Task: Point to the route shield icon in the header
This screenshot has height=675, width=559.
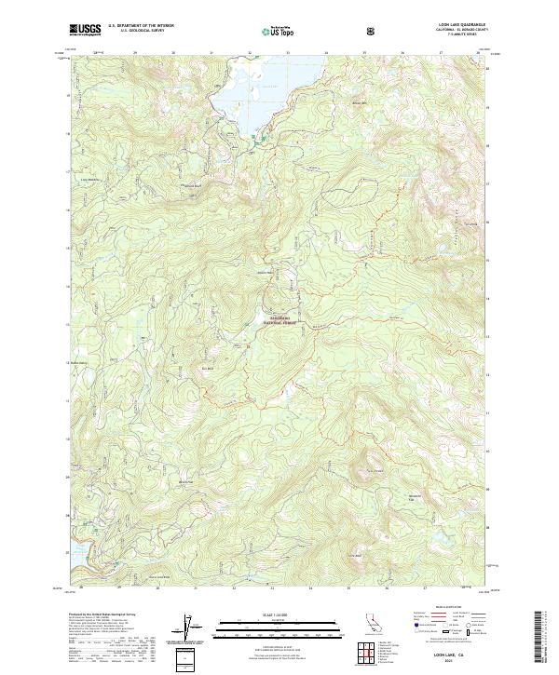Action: pyautogui.click(x=348, y=30)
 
